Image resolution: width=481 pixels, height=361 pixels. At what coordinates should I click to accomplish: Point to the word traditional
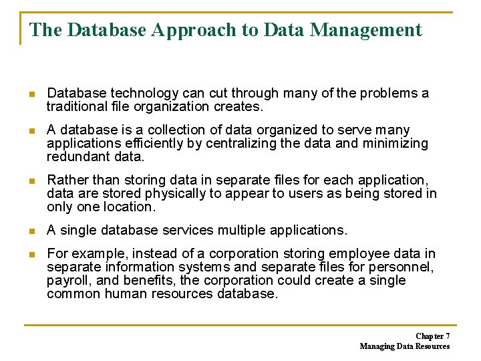point(73,106)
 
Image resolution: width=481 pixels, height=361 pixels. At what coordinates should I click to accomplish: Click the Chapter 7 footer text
point(432,336)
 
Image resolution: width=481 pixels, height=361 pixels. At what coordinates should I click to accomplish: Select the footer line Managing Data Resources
point(404,346)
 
